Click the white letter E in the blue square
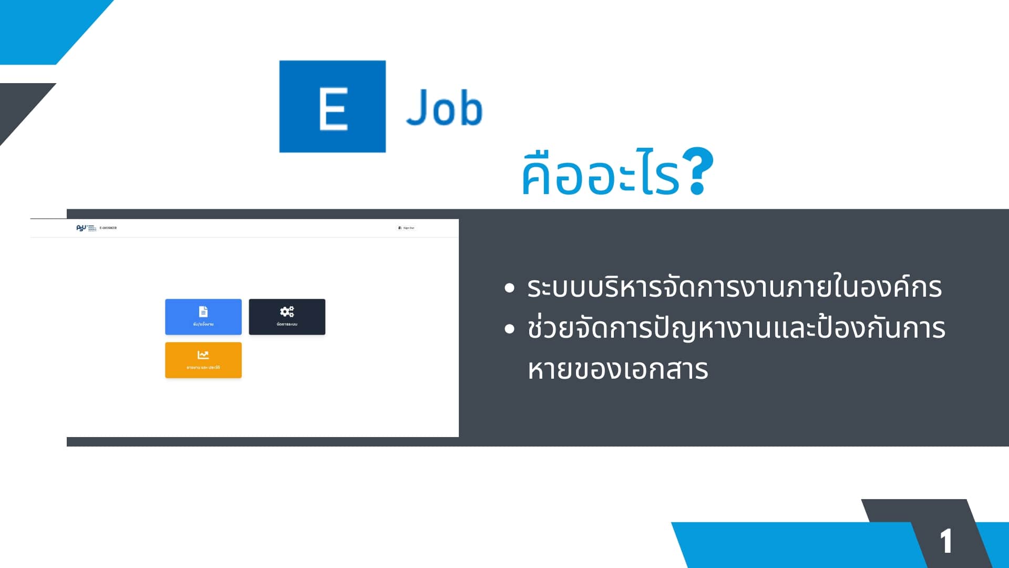(x=333, y=108)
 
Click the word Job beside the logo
(x=444, y=108)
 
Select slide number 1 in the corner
(x=946, y=541)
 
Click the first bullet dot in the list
(x=509, y=288)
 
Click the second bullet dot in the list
(x=509, y=329)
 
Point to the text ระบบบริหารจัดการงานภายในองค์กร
(x=734, y=287)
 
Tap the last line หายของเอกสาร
(x=618, y=369)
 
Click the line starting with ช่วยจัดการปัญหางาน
(x=736, y=328)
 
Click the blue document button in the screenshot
(x=203, y=317)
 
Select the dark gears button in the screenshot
(x=287, y=317)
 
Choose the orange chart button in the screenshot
(x=203, y=360)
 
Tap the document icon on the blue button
(x=203, y=311)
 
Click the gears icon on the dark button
(x=287, y=311)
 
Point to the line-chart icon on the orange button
(x=203, y=355)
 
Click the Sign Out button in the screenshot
(x=406, y=228)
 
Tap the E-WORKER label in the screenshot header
(x=108, y=228)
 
